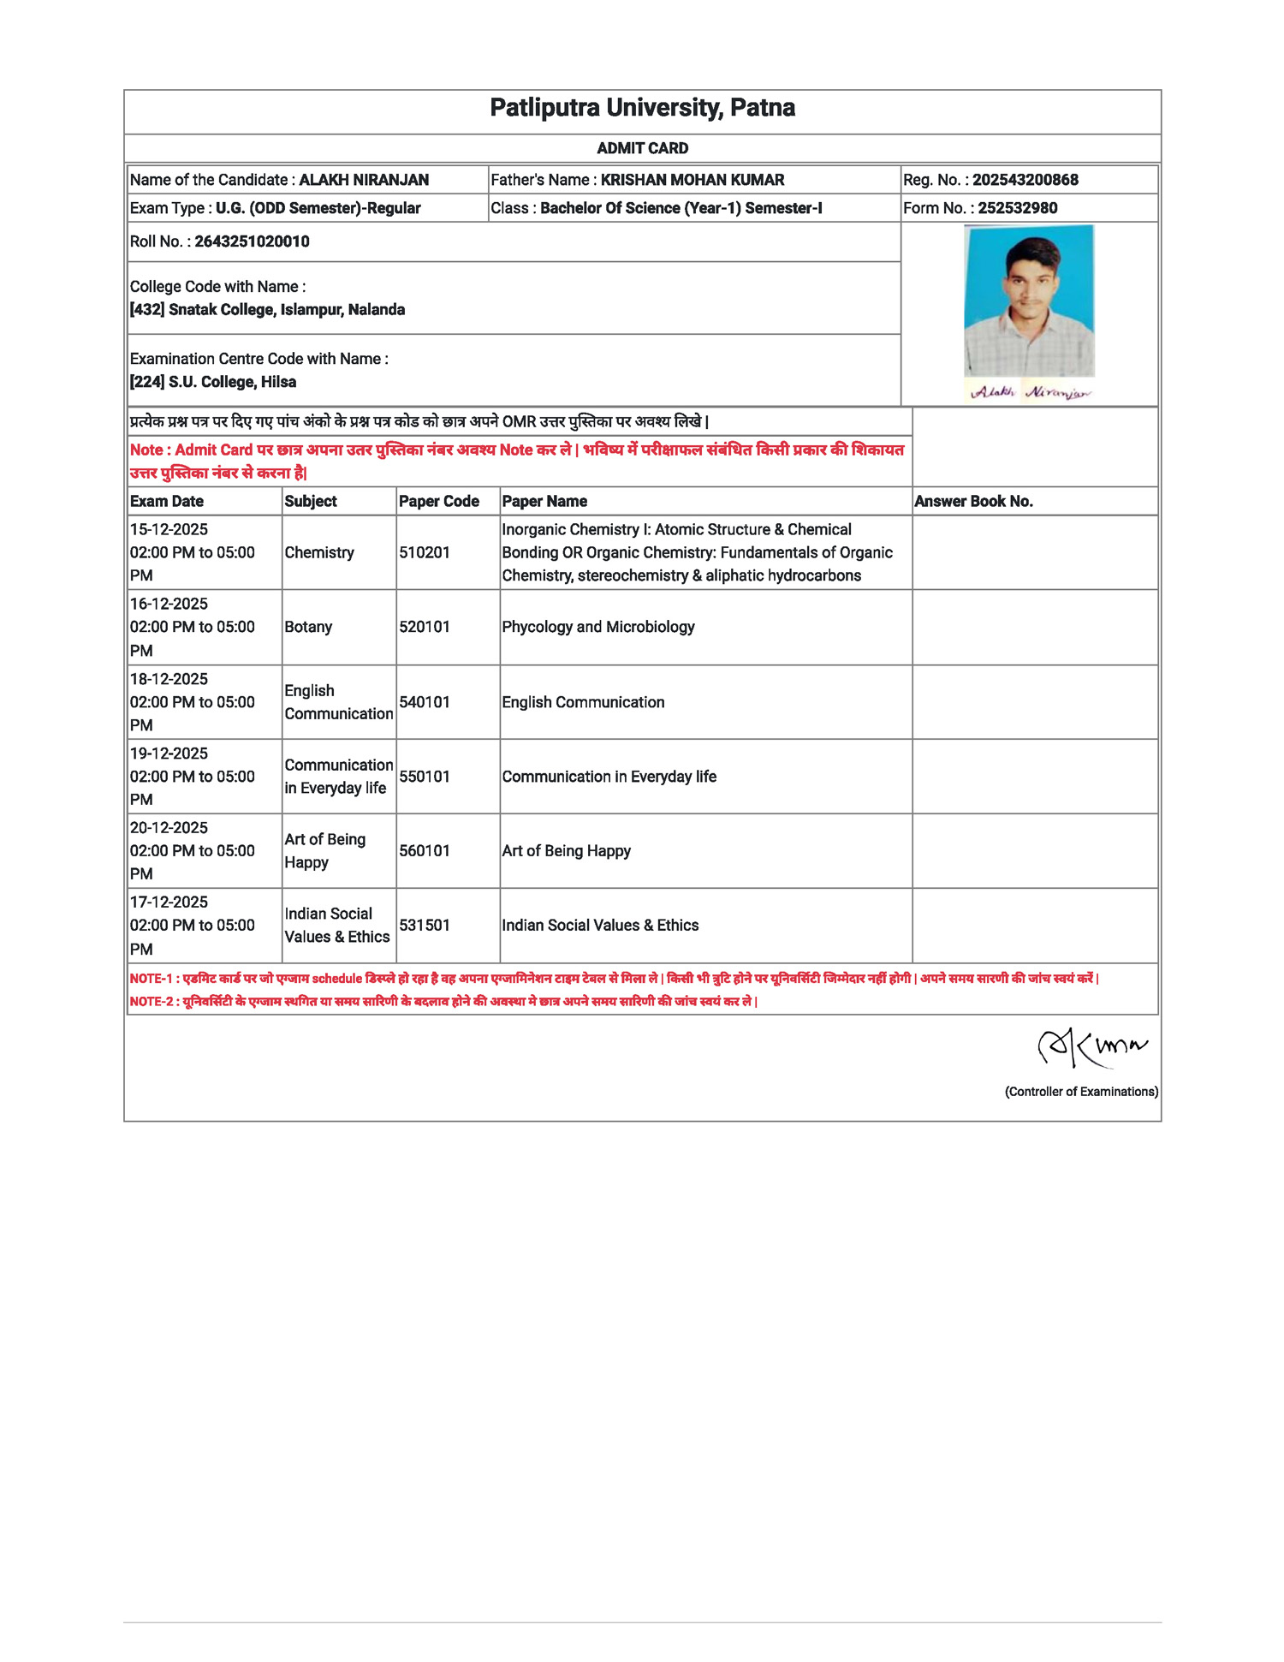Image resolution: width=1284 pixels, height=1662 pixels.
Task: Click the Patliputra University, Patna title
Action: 642,108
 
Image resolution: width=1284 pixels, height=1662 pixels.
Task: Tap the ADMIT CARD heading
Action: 642,148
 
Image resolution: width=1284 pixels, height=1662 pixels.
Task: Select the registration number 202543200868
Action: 1025,180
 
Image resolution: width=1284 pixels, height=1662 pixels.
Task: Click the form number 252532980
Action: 1017,208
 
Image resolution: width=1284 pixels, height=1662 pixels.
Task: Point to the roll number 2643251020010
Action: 252,241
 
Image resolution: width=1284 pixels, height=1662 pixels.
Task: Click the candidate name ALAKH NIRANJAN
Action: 364,180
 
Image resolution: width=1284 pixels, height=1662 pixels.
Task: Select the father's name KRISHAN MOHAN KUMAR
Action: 692,180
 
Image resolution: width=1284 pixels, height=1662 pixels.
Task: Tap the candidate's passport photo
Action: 1029,300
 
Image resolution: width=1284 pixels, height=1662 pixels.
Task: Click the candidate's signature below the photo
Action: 1031,392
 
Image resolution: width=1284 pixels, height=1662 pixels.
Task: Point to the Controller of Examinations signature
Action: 1091,1047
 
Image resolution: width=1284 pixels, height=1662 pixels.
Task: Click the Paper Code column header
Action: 438,502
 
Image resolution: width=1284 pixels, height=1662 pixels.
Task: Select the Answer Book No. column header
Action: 973,502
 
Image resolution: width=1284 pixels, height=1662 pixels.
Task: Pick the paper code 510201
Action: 424,553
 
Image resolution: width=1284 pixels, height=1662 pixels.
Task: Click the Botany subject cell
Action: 308,627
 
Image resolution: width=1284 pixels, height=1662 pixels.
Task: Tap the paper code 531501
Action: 424,926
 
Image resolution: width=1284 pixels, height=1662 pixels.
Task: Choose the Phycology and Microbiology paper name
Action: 597,627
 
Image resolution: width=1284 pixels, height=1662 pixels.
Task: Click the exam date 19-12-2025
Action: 169,754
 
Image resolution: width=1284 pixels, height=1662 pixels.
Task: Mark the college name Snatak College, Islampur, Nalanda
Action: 286,310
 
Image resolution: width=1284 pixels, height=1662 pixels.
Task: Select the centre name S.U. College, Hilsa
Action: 232,382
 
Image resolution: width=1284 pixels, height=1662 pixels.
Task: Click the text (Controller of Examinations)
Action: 1080,1092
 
